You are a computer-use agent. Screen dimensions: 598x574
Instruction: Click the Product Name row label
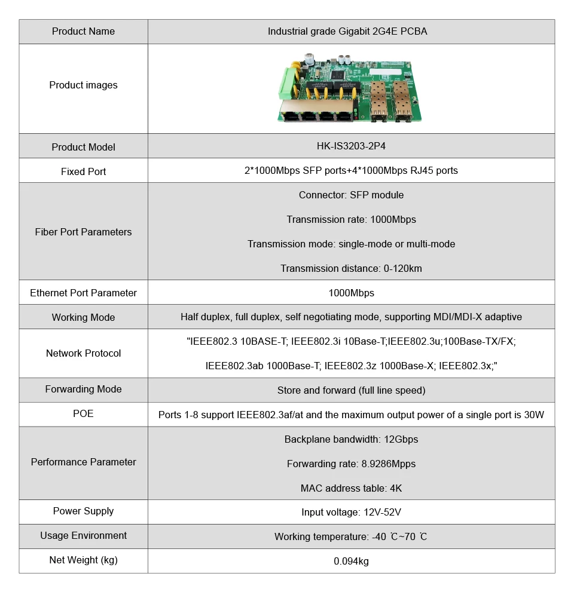(83, 32)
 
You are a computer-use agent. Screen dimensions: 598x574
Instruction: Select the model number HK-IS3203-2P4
(351, 147)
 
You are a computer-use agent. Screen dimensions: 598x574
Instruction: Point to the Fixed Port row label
(83, 171)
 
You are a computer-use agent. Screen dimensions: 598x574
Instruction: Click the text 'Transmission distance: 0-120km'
(351, 269)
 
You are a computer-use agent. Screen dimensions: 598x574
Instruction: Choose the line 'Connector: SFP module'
(351, 195)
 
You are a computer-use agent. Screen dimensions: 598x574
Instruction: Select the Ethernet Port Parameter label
(83, 293)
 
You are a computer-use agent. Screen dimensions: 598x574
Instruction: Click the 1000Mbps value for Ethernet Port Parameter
(351, 293)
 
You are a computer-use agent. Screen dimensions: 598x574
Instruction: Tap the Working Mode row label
(83, 318)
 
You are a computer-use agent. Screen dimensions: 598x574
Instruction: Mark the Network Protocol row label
(83, 354)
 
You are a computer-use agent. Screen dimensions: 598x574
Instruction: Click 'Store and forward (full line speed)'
(351, 391)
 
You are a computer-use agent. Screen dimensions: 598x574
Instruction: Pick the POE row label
(83, 414)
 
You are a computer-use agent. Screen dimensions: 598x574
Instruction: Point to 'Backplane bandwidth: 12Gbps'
(351, 440)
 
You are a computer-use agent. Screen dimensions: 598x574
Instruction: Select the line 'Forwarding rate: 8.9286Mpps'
(351, 464)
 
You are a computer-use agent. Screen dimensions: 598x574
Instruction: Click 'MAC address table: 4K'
(351, 489)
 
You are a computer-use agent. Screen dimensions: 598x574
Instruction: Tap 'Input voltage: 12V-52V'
(351, 513)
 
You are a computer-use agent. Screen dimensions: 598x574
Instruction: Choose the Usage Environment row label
(83, 536)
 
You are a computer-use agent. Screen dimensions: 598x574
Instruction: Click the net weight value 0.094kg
(351, 562)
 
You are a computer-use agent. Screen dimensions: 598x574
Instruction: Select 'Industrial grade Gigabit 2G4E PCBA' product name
(347, 32)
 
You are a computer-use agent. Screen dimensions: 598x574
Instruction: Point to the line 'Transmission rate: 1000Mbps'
(351, 220)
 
